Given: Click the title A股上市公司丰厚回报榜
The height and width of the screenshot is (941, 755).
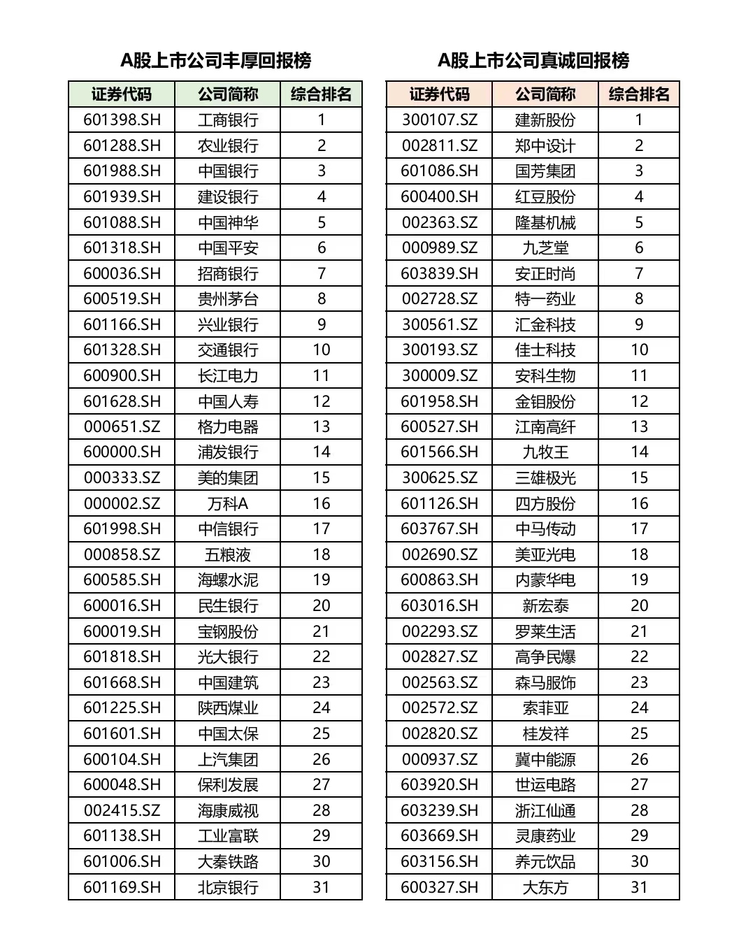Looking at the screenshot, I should [215, 61].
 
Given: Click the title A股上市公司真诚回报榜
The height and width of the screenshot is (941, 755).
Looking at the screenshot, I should [533, 61].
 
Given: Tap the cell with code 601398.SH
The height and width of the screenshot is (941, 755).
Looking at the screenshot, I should [122, 120].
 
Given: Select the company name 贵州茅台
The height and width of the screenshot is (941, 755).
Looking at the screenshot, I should [228, 299].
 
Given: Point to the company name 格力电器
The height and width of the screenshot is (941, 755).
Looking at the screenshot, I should [228, 426].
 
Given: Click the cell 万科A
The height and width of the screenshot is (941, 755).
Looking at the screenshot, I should [228, 503].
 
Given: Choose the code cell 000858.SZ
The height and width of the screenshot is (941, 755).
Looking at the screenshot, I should [122, 554].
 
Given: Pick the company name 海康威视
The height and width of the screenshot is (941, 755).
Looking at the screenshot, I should [228, 810].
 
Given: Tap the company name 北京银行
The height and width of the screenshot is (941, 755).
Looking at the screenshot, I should [228, 887].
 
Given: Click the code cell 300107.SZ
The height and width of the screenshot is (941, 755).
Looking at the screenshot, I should [439, 120].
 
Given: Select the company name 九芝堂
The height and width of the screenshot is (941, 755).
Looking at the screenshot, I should [545, 247].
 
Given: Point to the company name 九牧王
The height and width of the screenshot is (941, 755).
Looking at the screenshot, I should [545, 452].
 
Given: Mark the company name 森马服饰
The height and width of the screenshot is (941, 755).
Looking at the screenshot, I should [545, 682].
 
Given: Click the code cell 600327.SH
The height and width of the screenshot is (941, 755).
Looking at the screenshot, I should [439, 887].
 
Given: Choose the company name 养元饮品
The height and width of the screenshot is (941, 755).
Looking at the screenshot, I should [545, 861].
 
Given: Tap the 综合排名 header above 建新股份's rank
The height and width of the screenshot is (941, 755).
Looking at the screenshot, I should [639, 94].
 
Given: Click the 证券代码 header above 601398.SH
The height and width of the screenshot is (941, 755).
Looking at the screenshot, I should [122, 94].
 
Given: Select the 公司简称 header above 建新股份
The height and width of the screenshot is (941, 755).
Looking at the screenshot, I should [545, 94].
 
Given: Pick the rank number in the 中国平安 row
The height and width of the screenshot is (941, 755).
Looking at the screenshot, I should [322, 247].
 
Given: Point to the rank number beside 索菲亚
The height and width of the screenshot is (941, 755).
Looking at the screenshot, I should [639, 707].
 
